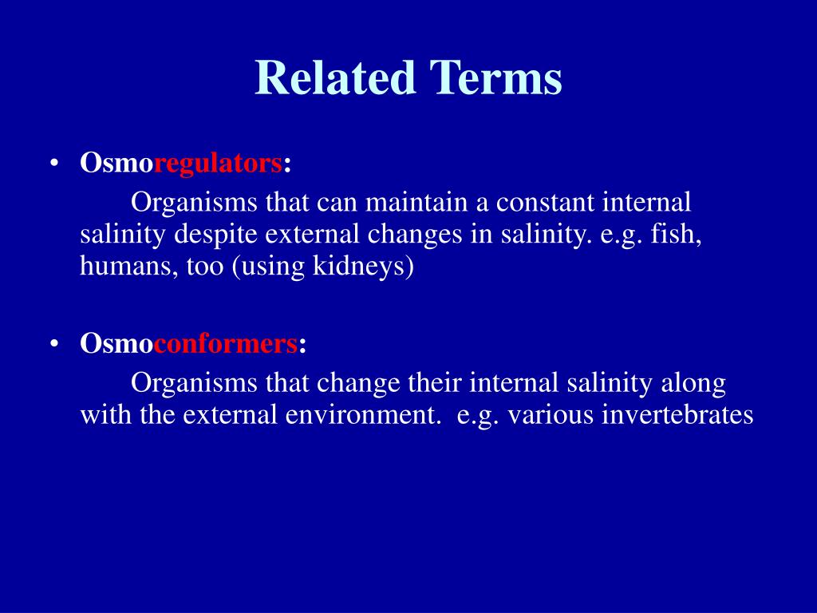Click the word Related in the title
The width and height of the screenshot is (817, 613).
click(x=334, y=77)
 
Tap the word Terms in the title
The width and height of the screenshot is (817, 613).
click(x=496, y=77)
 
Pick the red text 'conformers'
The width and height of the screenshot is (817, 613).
click(x=225, y=344)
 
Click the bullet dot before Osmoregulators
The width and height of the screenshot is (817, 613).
click(x=54, y=164)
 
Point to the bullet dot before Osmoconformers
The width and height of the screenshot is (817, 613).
click(x=54, y=344)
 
